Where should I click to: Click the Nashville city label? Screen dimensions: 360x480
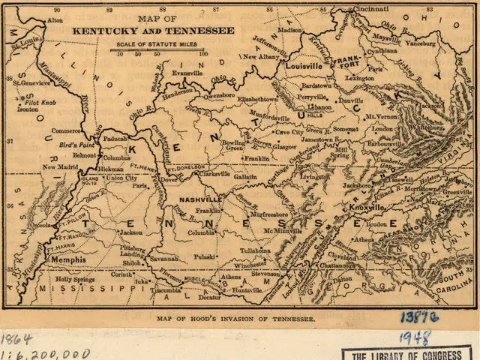click(200, 200)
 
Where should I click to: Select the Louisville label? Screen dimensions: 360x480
click(304, 66)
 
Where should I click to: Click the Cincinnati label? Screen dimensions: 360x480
click(367, 8)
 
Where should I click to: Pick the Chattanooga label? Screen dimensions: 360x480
click(337, 265)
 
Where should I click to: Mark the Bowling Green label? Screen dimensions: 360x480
click(233, 145)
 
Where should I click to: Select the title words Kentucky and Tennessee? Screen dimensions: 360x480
click(153, 31)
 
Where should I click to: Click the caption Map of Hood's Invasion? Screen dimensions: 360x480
click(236, 318)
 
